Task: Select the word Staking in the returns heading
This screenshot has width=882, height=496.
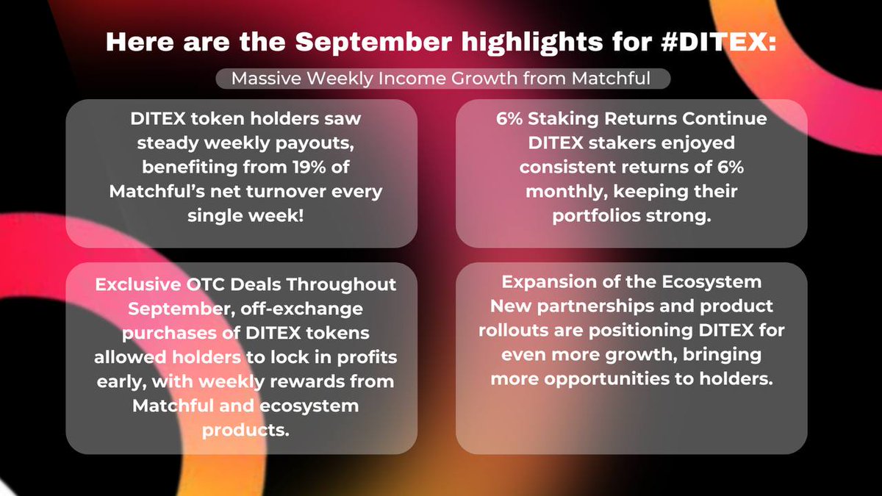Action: [584, 120]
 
